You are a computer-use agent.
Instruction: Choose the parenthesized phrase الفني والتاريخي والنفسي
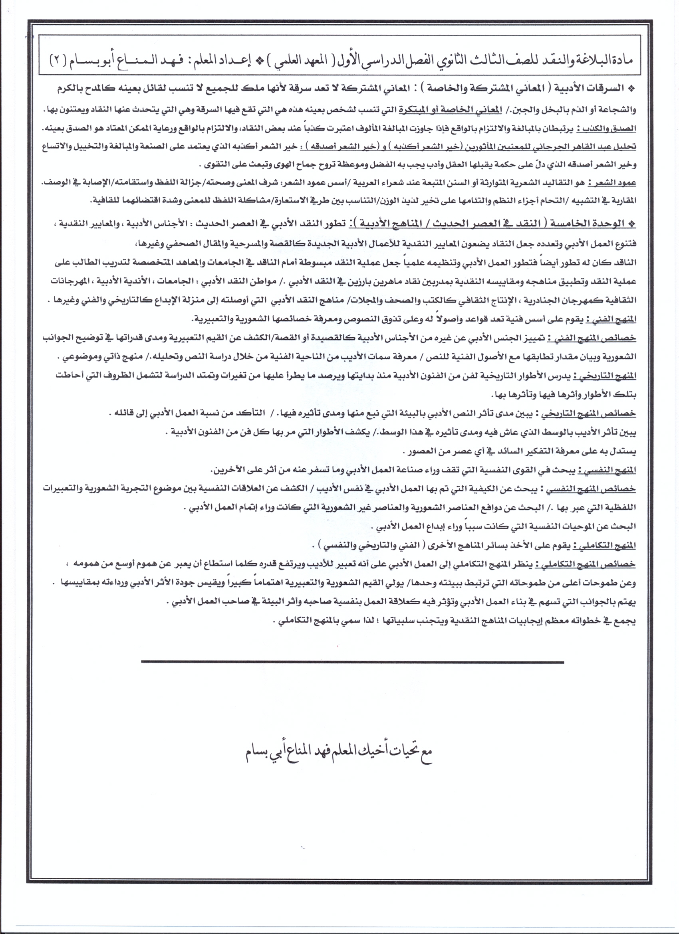tap(364, 546)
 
